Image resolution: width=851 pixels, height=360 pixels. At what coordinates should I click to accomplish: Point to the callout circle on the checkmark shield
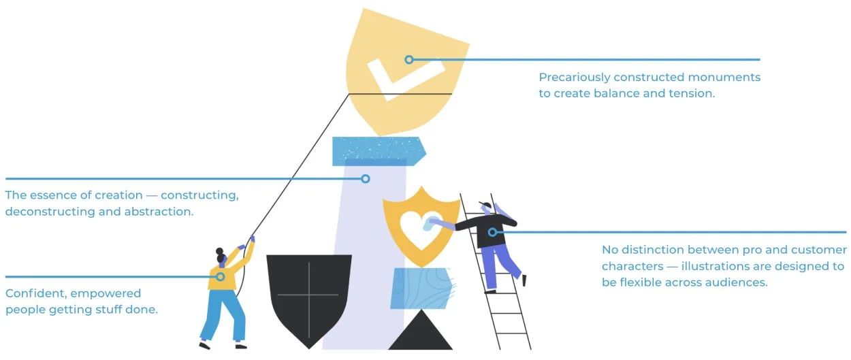tap(409, 60)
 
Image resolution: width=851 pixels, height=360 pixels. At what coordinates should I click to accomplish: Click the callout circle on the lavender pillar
tap(366, 179)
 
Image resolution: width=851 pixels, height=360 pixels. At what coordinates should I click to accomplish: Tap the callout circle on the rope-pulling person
tap(221, 277)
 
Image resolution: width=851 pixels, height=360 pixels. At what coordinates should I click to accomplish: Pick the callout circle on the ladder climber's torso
tap(492, 233)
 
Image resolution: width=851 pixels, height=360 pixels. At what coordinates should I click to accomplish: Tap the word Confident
tap(35, 294)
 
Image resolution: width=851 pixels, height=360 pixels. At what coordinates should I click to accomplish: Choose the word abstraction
tap(159, 212)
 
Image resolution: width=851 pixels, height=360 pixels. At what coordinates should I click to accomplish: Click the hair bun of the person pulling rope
tap(219, 251)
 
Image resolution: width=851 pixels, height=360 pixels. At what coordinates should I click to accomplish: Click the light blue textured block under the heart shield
tap(421, 288)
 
